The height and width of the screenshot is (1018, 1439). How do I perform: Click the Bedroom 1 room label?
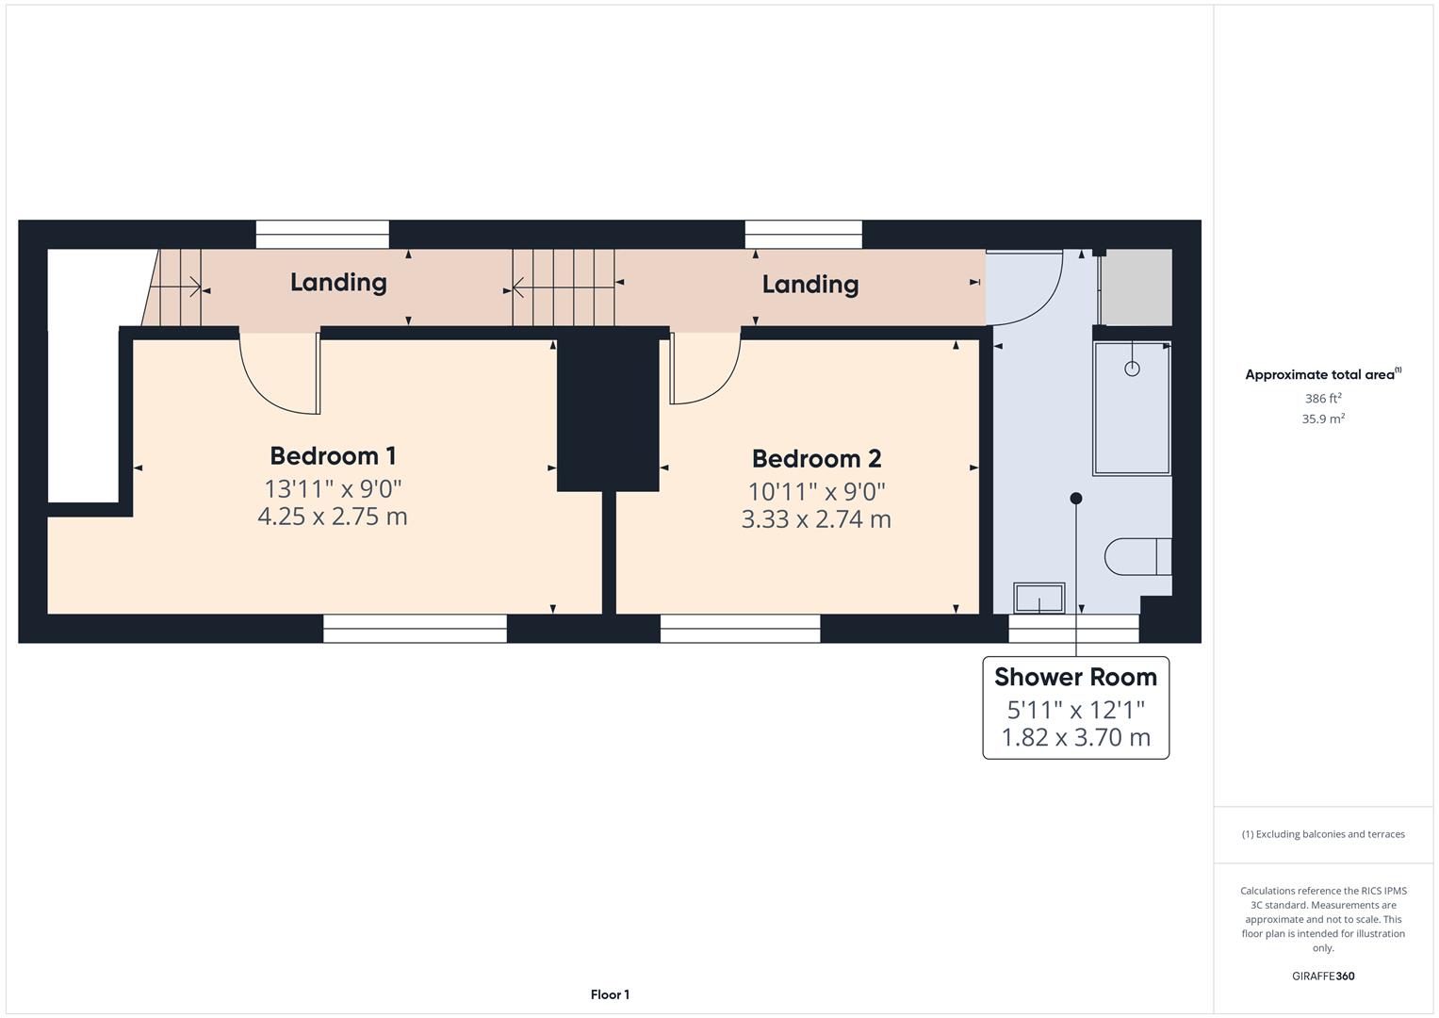pos(333,456)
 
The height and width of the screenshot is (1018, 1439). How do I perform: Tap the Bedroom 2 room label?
pos(816,459)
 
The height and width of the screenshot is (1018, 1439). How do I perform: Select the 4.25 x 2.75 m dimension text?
pos(333,517)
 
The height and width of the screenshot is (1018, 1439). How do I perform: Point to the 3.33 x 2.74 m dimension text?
pos(816,519)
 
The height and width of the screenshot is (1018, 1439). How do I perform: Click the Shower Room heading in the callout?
pos(1075,677)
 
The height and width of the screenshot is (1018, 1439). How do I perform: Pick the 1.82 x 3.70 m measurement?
pos(1075,737)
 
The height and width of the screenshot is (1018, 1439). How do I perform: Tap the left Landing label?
pos(338,282)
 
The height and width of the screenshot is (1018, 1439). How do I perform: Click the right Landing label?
pos(810,284)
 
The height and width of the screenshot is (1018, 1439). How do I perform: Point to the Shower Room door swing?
pos(1024,288)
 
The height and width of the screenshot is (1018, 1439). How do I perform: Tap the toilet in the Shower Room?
pos(1137,556)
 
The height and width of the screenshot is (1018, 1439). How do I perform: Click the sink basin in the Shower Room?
pos(1038,599)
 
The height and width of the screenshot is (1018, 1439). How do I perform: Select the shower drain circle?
pos(1132,369)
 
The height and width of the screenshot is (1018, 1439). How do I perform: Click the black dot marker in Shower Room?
pos(1076,498)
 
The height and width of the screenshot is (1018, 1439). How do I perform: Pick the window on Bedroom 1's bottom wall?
pos(415,629)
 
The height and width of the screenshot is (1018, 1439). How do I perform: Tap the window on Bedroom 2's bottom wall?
pos(740,629)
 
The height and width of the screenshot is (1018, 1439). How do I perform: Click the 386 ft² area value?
pos(1323,399)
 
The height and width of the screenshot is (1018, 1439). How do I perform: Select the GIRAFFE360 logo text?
pos(1323,977)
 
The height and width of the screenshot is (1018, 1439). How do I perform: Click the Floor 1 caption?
pos(610,994)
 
